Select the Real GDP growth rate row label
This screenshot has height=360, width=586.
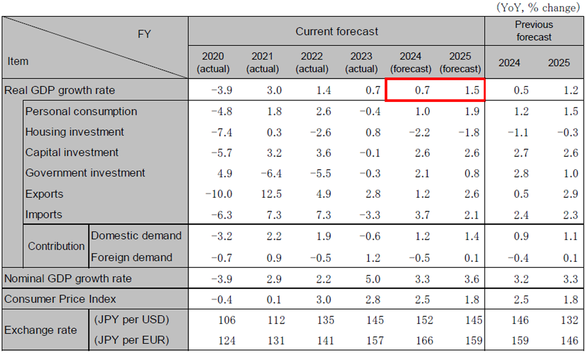click(60, 90)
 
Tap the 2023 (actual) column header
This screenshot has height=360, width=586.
click(361, 62)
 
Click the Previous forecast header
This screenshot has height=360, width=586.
click(534, 31)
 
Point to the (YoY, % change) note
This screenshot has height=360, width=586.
click(537, 8)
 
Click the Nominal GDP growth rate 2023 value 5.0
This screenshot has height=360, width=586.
click(372, 279)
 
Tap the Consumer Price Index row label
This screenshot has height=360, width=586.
click(60, 300)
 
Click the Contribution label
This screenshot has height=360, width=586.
click(56, 247)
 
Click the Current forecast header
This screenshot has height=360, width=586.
click(337, 32)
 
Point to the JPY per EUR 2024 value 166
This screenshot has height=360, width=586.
click(422, 341)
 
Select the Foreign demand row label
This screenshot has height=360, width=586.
click(131, 258)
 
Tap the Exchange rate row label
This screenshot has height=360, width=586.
click(41, 330)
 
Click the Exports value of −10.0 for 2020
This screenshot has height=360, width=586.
click(219, 194)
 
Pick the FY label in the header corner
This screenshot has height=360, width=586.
click(144, 35)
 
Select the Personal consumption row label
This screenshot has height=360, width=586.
click(81, 111)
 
